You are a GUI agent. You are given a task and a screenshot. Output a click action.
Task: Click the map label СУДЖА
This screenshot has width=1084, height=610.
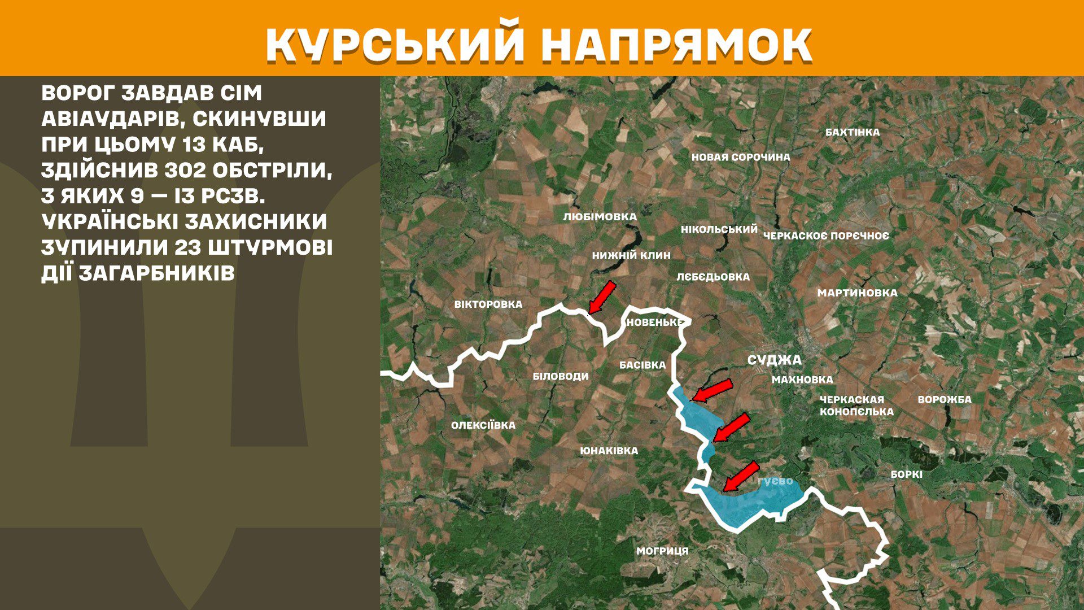[774, 360]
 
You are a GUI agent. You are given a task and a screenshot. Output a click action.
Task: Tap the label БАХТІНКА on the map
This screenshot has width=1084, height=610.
[852, 132]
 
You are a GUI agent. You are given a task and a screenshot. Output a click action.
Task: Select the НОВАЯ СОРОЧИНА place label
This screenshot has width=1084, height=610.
[741, 157]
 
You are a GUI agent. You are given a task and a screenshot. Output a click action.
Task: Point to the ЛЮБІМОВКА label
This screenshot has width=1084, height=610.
[600, 216]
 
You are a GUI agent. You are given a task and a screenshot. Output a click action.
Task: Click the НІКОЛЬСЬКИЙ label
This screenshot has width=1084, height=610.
[719, 229]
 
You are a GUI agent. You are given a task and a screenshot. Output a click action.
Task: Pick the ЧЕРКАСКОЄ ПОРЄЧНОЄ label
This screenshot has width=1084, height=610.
[826, 236]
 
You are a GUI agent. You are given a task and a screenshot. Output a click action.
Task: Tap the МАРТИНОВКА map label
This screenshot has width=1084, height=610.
[857, 293]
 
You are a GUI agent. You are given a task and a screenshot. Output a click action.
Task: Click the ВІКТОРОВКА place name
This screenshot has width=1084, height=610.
[488, 304]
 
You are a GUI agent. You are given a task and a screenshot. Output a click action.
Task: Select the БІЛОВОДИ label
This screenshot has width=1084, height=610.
[561, 376]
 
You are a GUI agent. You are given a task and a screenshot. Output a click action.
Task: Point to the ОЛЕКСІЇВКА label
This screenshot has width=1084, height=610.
[483, 425]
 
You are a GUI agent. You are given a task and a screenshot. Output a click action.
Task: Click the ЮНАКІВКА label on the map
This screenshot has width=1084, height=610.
[609, 451]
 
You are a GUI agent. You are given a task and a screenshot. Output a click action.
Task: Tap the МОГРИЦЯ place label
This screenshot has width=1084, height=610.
[662, 551]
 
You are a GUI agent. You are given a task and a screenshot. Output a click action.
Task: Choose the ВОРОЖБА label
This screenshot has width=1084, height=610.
[945, 399]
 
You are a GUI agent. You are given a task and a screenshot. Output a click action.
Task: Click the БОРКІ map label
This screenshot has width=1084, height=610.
[907, 474]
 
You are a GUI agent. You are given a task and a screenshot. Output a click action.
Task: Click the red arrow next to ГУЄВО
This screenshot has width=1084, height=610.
[741, 477]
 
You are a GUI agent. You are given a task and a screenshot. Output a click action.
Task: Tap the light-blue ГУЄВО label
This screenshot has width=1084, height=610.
[775, 481]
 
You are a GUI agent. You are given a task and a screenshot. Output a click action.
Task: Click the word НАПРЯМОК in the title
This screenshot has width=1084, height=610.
[676, 45]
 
